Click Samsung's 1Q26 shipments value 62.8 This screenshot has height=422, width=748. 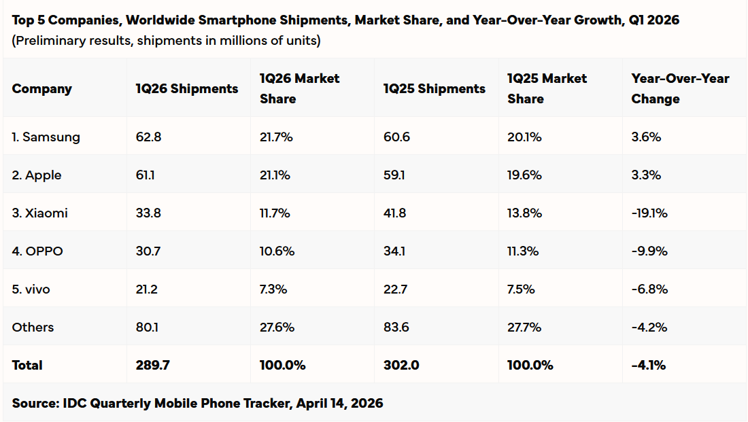point(148,137)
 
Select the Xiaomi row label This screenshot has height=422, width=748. point(39,213)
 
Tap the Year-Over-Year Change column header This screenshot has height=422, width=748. point(679,88)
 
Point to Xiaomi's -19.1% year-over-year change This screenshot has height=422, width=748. point(649,213)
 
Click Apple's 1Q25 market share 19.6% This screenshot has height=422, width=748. point(524,175)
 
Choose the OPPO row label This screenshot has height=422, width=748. point(37,251)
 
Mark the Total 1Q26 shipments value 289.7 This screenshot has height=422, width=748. point(152,365)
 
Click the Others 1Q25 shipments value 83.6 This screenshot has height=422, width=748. point(396,327)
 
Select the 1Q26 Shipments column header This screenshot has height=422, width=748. point(187,88)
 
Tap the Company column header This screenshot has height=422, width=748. point(41,88)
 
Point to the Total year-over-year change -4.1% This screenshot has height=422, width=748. point(648,365)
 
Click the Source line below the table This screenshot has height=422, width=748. point(197,403)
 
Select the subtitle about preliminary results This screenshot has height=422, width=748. point(167,40)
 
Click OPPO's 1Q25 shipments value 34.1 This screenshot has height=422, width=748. point(395,251)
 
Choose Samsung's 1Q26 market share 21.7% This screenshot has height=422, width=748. point(275,137)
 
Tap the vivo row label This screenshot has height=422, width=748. point(31,289)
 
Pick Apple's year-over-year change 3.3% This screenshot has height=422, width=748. point(646,175)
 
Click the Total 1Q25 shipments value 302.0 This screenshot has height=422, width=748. point(401,365)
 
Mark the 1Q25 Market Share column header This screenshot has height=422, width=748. point(547,88)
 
